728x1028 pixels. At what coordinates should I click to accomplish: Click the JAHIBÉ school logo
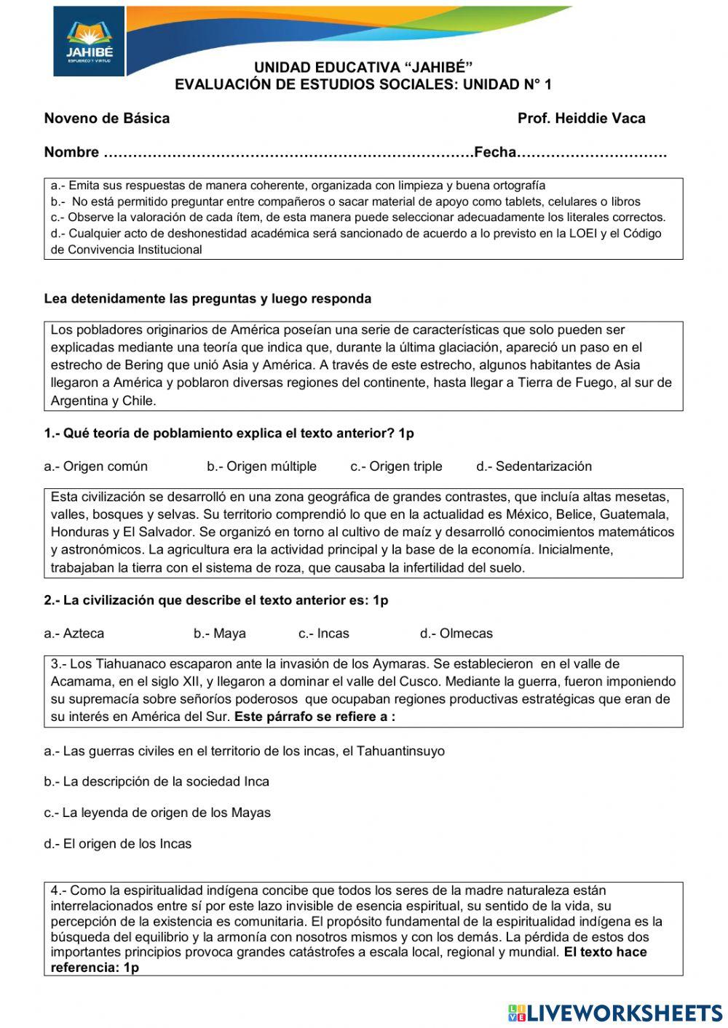point(89,42)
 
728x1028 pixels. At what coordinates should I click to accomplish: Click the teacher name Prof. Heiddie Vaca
point(581,119)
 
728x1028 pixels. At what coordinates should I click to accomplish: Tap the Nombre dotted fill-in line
point(288,153)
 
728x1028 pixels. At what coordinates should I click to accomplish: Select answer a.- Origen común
point(95,466)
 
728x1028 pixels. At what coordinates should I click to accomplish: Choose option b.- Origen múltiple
point(261,466)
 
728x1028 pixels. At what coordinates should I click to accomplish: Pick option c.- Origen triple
point(396,466)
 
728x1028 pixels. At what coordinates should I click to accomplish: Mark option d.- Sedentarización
point(534,466)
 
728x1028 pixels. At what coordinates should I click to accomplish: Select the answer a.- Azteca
point(74,634)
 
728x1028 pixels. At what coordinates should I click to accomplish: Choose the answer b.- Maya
point(219,634)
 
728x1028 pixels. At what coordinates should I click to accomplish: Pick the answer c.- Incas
point(323,634)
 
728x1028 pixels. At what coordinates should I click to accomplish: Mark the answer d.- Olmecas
point(456,634)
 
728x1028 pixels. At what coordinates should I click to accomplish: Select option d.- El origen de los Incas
point(117,844)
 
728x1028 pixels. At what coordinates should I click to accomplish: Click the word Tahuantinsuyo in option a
point(400,751)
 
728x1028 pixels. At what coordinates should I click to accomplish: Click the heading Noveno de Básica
point(107,119)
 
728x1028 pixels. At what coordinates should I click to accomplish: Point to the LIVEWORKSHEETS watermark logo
point(615,1013)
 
